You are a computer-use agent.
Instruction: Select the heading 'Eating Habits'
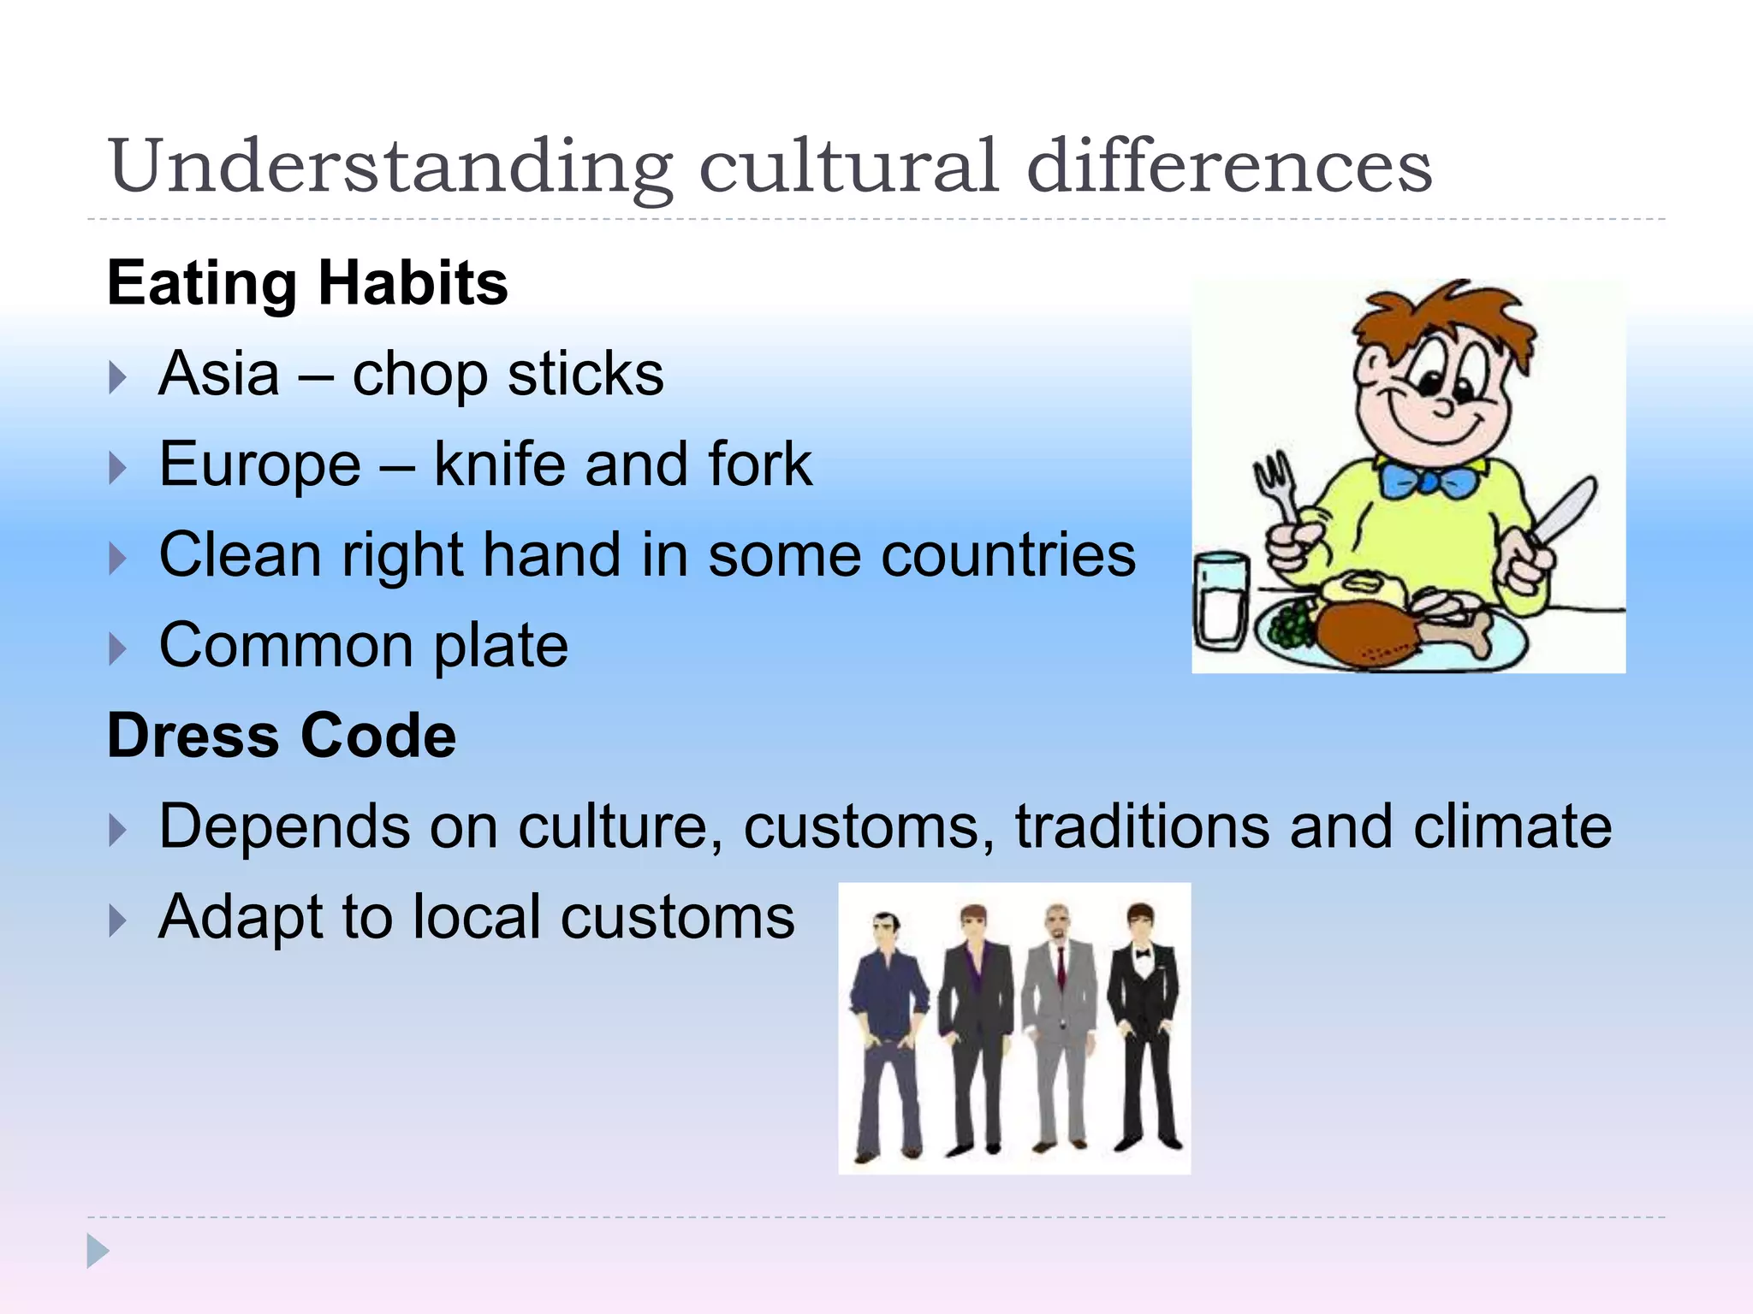click(307, 283)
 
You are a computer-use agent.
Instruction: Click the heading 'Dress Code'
click(282, 736)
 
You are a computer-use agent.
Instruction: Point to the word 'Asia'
click(219, 374)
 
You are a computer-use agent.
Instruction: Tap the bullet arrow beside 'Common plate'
click(118, 648)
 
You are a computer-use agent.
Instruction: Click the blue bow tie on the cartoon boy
click(1429, 478)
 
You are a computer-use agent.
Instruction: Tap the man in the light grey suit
click(1060, 1027)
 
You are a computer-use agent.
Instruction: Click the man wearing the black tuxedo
click(1144, 1027)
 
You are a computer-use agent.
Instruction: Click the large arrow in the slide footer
click(98, 1251)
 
